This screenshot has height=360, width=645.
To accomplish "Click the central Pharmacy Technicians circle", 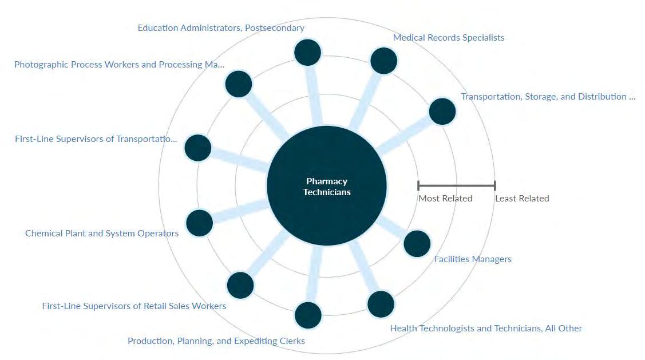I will tap(326, 185).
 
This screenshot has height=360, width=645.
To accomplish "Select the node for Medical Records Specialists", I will tap(383, 61).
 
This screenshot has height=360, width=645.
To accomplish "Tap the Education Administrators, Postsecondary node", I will tap(307, 53).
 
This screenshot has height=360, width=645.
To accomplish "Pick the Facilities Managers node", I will tap(417, 244).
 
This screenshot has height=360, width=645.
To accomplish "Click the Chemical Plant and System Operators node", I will tap(199, 223).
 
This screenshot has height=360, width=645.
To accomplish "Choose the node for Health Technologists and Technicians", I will tap(381, 304).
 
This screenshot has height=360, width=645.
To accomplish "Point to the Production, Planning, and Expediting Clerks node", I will tap(308, 315).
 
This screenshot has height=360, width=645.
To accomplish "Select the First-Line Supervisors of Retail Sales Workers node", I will tap(240, 285).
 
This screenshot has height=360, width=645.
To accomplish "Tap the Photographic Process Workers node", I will tap(239, 84).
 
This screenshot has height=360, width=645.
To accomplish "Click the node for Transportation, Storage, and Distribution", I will tap(442, 112).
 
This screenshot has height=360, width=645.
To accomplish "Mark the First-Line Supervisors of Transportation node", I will tap(197, 148).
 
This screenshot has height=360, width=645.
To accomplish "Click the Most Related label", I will tap(445, 199).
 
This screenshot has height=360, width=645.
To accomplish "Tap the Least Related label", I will tap(522, 199).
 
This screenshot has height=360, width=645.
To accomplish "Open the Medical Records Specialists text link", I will tap(449, 38).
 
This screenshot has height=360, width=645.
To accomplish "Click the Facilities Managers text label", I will tap(473, 259).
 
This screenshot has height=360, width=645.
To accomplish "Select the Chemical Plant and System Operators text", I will tap(102, 234).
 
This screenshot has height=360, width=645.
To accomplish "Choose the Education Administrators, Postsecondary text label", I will tap(221, 28).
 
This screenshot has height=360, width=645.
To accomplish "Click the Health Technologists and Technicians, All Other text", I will tap(486, 329).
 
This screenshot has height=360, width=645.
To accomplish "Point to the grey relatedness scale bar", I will tap(456, 185).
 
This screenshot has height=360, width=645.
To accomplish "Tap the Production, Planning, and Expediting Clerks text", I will tap(216, 341).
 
